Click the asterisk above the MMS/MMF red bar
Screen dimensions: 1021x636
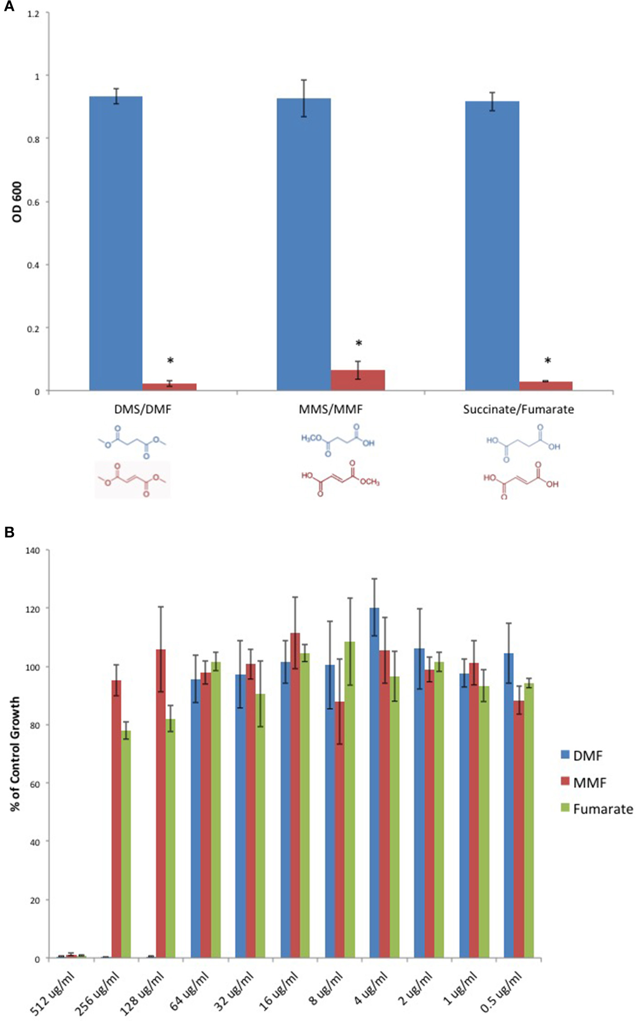[x=359, y=344]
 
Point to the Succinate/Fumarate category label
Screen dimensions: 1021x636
[x=518, y=409]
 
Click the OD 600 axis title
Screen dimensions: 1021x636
[x=17, y=202]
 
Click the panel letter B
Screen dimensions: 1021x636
[x=9, y=533]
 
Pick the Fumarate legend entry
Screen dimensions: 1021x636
[x=597, y=809]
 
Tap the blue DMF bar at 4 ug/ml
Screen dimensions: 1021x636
[x=374, y=783]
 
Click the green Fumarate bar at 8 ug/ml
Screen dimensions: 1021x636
[x=350, y=800]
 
